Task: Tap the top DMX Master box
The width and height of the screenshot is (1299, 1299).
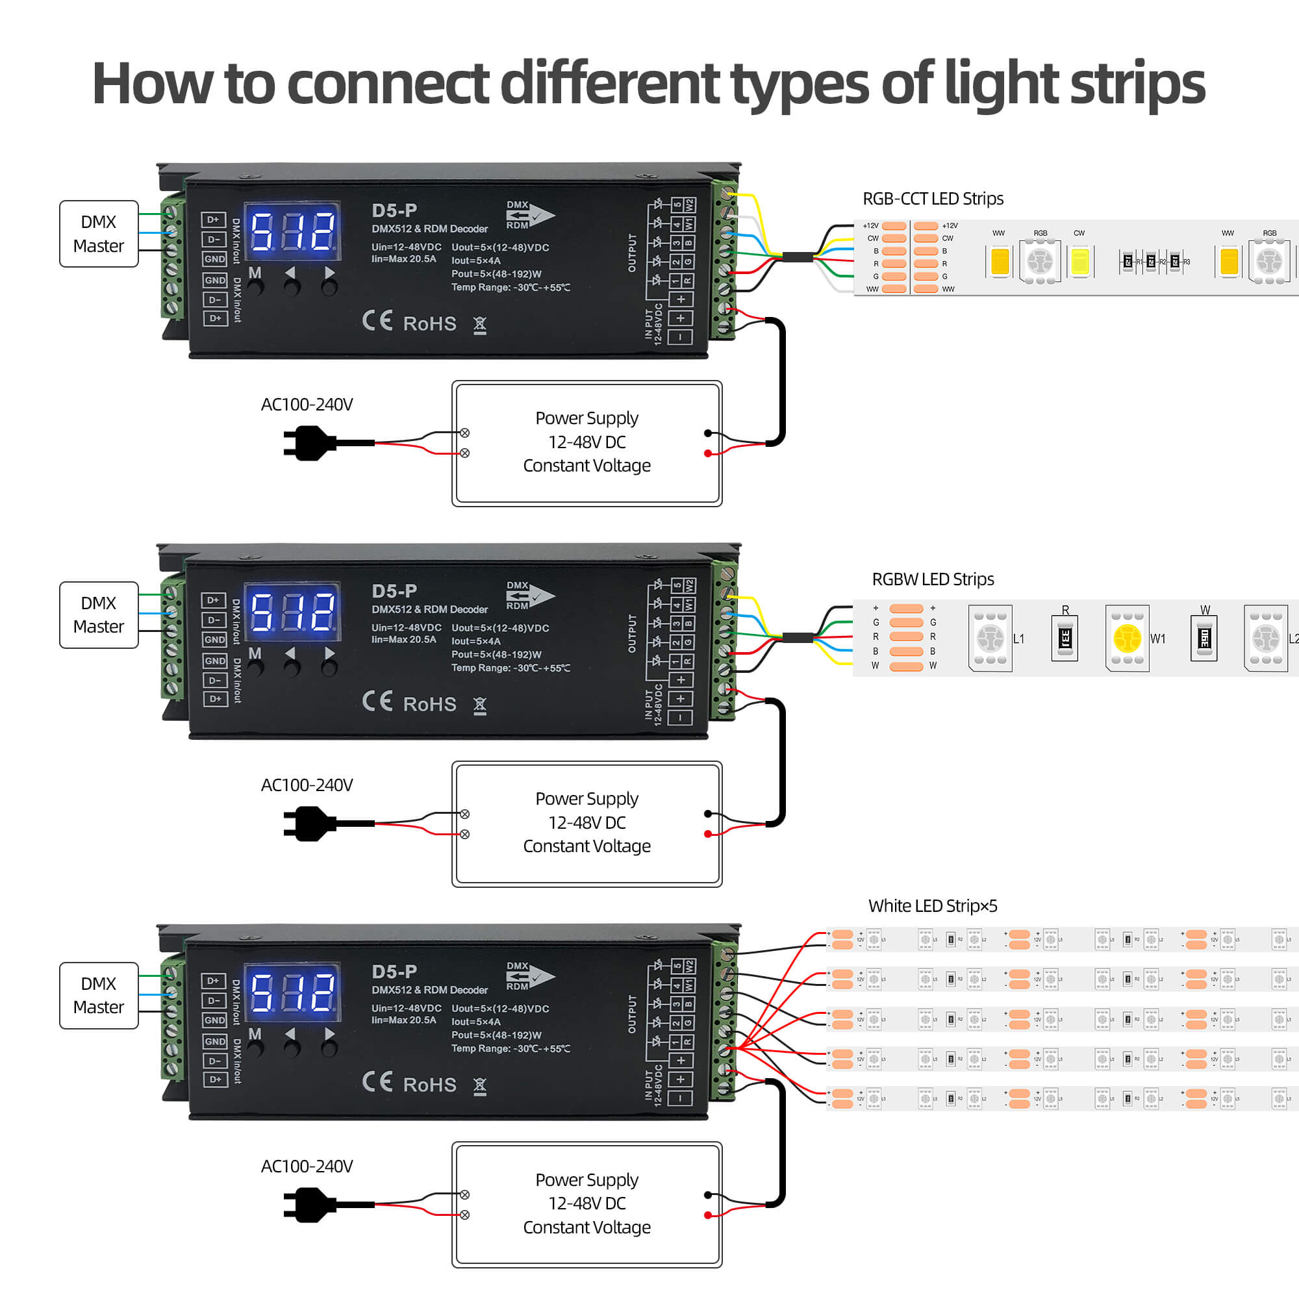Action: [x=99, y=233]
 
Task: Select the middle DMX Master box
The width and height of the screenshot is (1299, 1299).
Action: [x=99, y=614]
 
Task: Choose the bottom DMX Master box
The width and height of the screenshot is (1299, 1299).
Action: [x=99, y=995]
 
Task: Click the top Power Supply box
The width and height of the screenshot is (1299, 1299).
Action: [x=586, y=442]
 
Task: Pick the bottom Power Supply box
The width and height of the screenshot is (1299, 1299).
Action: [x=586, y=1204]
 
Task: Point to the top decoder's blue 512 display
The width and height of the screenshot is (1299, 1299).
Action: [x=292, y=231]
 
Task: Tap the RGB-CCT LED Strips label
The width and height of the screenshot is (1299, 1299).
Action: [x=933, y=198]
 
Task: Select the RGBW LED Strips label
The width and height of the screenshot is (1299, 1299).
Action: [x=933, y=579]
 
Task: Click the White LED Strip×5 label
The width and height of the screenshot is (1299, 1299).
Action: [x=933, y=905]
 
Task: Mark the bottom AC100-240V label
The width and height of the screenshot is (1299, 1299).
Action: [x=307, y=1166]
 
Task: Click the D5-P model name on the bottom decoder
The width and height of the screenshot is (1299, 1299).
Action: [x=394, y=972]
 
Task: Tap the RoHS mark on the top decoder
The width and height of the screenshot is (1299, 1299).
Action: [x=429, y=324]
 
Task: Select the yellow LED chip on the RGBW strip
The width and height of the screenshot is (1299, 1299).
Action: [x=1127, y=638]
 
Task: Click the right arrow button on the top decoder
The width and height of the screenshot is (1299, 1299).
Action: [x=329, y=286]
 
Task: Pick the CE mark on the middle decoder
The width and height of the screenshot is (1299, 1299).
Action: [x=377, y=701]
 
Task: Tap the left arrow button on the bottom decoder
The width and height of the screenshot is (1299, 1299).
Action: [x=292, y=1048]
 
